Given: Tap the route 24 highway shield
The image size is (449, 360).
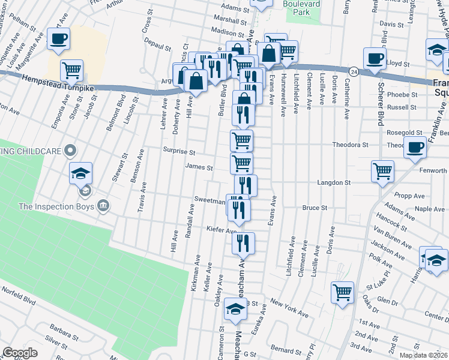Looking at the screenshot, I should point(355,71).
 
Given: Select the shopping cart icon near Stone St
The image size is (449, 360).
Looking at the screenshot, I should point(72,70).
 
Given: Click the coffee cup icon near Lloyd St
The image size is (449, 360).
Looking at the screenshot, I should point(375,59).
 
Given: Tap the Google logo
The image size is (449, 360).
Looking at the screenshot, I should point(20,353).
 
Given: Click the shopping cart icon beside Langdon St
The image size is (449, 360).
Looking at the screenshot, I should point(382,171).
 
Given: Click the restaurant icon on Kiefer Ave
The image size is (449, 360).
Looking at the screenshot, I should point(243,242).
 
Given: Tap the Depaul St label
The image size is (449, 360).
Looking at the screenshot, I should point(158,46).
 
